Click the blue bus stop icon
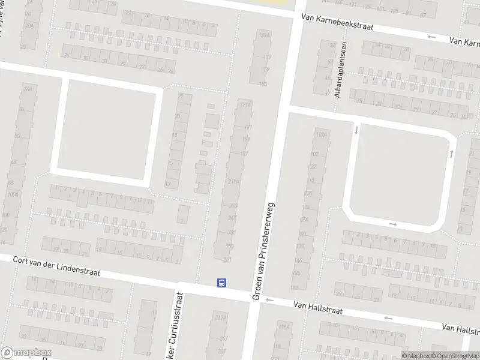tap(222, 283)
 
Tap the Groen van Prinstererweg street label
tap(263, 251)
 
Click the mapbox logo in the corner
tap(26, 353)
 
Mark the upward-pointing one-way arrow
tap(451, 154)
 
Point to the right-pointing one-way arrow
tap(393, 224)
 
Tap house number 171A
tap(244, 104)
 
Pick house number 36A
tap(26, 89)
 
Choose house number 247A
tap(221, 317)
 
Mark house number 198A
tap(284, 327)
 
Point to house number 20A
tap(29, 26)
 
